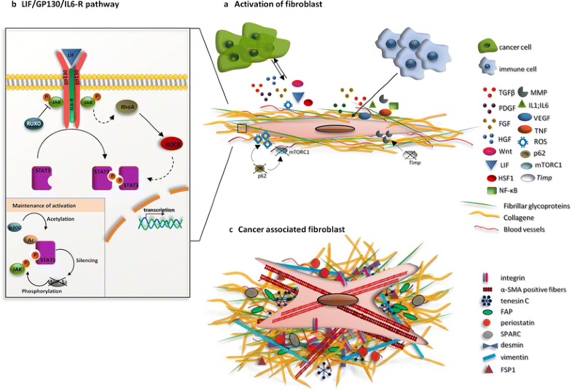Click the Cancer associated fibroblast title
291,231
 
